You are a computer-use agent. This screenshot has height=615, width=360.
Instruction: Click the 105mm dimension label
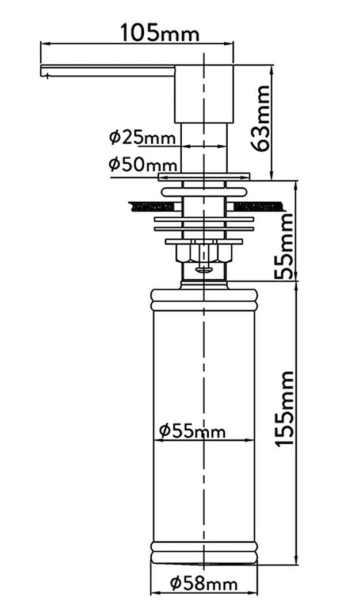[x=159, y=33]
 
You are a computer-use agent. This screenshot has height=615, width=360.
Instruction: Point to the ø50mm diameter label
[x=136, y=164]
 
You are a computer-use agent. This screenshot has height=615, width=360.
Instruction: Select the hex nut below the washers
[x=204, y=252]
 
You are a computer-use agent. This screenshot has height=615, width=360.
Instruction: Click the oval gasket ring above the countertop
[x=204, y=190]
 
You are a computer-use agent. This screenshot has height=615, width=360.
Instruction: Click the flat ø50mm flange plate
[x=204, y=175]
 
